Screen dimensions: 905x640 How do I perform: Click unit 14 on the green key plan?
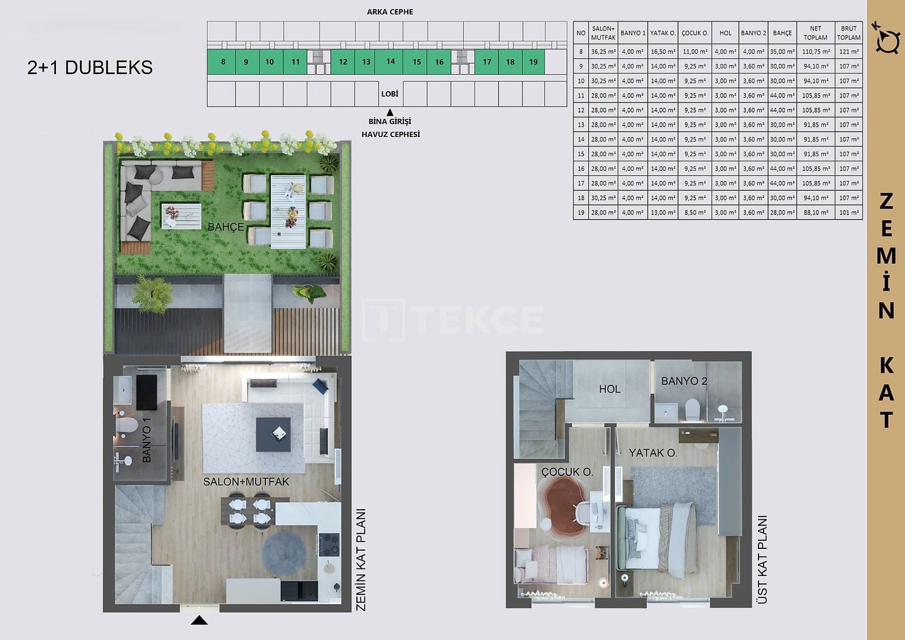pos(390,62)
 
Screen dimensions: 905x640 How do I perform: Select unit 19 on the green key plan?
pos(534,62)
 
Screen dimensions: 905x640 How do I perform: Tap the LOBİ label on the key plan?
pos(390,94)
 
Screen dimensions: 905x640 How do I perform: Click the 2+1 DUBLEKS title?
pos(90,67)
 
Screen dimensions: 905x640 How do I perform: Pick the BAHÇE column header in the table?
pos(782,33)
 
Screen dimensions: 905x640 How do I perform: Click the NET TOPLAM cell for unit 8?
pos(816,52)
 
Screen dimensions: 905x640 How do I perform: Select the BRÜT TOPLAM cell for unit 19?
pos(848,212)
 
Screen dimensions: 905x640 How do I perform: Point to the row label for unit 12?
pos(581,110)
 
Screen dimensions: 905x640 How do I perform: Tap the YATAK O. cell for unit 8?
pos(663,52)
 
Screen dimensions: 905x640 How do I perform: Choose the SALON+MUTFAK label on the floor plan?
pos(246,482)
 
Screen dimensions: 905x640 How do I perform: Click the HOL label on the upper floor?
pos(610,389)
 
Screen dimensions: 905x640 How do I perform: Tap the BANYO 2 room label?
pos(684,380)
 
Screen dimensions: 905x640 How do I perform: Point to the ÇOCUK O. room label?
pos(568,472)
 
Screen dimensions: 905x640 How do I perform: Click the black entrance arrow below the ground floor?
pos(199,621)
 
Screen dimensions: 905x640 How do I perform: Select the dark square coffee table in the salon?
pos(273,434)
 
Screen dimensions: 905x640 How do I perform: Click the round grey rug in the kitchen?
pos(283,553)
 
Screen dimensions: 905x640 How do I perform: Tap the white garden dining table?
pos(288,212)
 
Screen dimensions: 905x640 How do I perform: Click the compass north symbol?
pos(887,38)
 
